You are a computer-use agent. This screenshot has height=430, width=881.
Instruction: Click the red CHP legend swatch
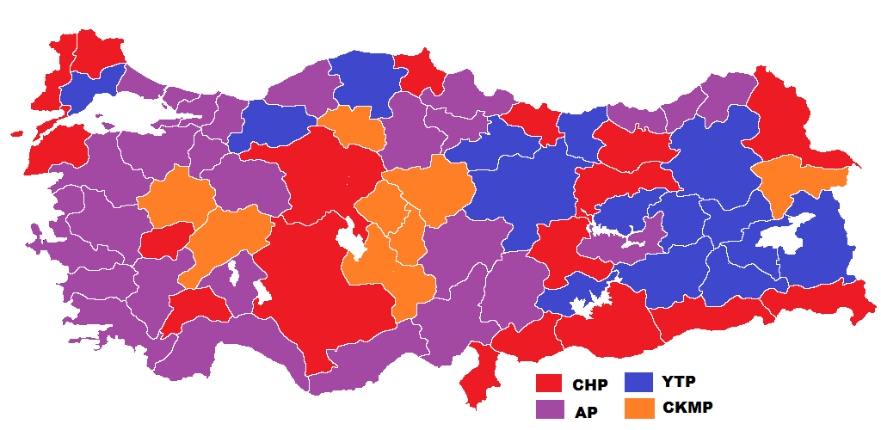coord(548,383)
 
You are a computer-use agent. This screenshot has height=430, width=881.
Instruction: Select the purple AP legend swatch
coord(548,408)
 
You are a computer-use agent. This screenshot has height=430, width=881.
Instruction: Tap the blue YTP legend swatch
coord(638,381)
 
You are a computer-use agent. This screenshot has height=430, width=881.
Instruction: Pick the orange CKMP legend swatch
coord(638,407)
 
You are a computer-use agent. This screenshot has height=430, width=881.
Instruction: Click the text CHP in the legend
coord(589,385)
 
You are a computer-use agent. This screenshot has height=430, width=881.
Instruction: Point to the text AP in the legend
coord(586,411)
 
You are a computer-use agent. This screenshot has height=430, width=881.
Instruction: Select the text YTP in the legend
coord(680,380)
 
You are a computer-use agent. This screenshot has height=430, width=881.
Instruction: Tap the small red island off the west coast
coord(16,133)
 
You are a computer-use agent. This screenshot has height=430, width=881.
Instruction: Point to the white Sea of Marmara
coord(129,112)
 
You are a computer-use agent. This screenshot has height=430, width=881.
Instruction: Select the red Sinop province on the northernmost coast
coord(417,73)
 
